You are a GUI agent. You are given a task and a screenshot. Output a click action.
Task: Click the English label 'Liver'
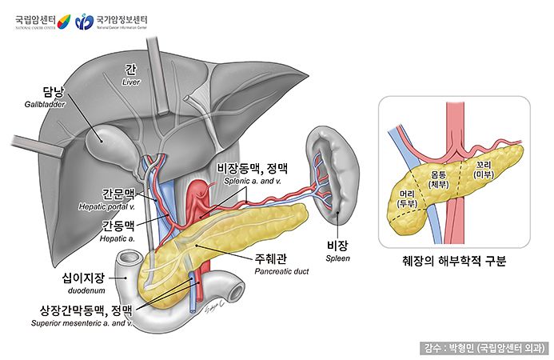[x=131, y=82]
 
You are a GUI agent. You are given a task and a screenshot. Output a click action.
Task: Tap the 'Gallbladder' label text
[x=43, y=104]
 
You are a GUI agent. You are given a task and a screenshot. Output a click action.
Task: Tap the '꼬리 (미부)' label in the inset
[x=484, y=170]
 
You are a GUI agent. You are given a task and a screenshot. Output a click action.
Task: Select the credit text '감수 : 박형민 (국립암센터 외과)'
[x=484, y=348]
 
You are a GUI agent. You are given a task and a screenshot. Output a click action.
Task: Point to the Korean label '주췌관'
[x=272, y=258]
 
